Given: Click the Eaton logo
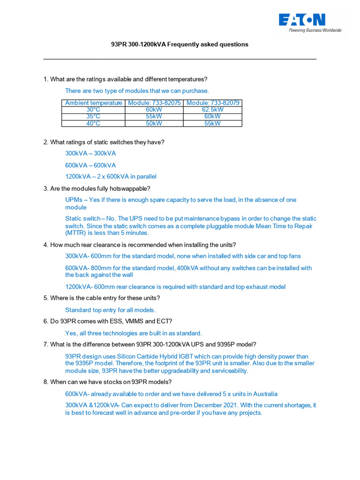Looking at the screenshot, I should click(x=302, y=20).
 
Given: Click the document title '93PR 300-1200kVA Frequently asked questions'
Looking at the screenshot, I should click(x=180, y=45).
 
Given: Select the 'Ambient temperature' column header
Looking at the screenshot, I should click(x=93, y=103).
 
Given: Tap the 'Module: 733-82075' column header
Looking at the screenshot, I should click(x=154, y=103).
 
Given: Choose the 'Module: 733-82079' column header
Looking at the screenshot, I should click(x=213, y=103).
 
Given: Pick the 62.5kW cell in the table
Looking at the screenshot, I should click(x=213, y=110).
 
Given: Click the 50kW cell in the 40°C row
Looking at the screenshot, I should click(x=154, y=123).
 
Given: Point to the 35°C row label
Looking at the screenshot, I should click(x=93, y=116).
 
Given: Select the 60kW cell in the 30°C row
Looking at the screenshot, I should click(x=154, y=110).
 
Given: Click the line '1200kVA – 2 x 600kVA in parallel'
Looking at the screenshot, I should click(x=111, y=177).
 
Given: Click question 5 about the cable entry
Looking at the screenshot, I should click(x=102, y=298).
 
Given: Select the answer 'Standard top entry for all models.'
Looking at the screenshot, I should click(x=110, y=310).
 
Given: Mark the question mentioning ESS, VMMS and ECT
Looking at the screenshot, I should click(x=108, y=321).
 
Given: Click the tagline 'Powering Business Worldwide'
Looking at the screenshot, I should click(x=315, y=30).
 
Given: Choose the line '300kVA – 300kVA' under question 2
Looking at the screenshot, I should click(x=90, y=153).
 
